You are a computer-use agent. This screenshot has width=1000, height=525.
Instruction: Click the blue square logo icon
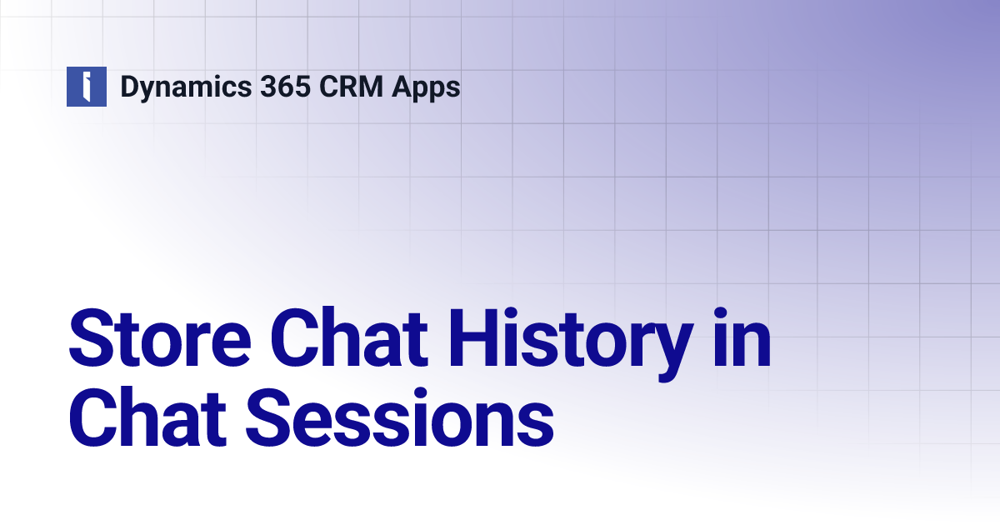click(87, 87)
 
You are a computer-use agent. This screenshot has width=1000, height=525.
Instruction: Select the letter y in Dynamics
click(149, 90)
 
